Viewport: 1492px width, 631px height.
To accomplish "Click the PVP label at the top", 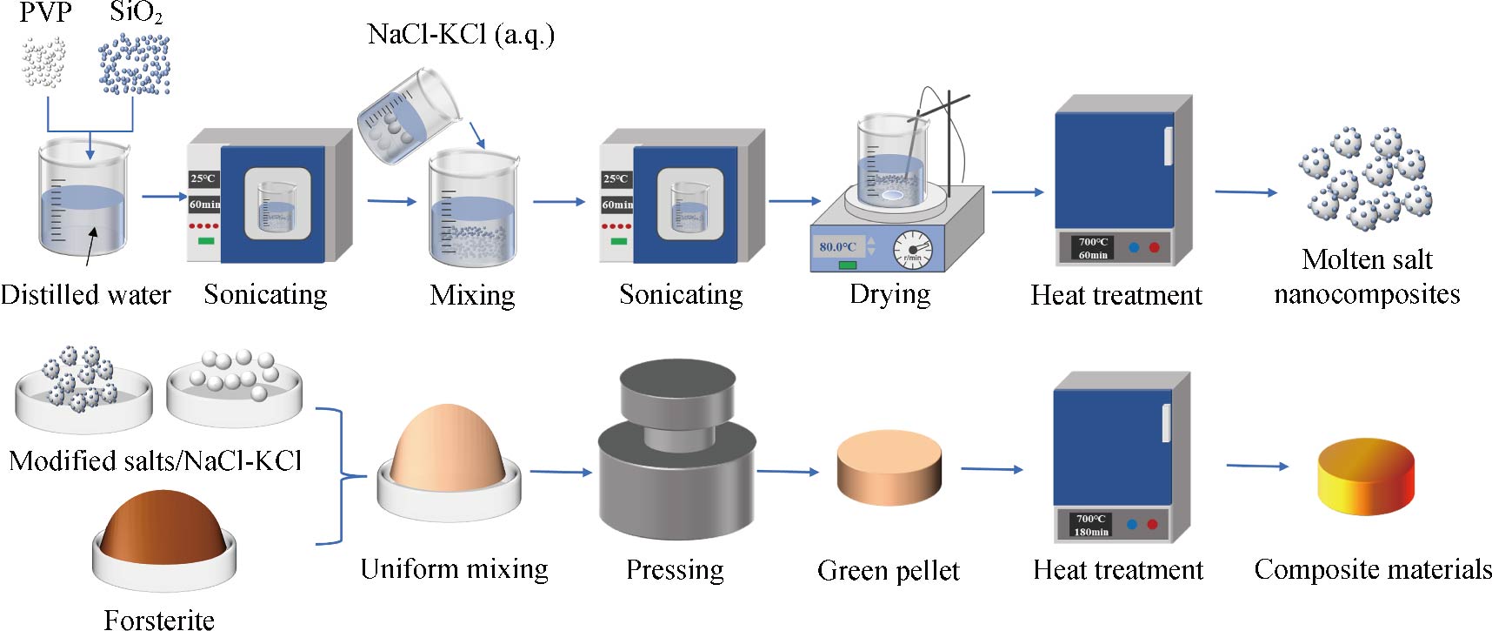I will [45, 13].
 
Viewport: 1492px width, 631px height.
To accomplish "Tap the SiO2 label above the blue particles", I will [136, 13].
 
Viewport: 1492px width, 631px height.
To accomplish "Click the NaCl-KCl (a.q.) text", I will [461, 35].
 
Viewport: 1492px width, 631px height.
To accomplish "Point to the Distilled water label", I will [85, 294].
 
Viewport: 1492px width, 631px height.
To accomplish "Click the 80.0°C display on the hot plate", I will [837, 246].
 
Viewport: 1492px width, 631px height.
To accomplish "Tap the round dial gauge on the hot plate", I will [912, 250].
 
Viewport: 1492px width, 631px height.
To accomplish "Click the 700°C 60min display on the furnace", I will [1093, 248].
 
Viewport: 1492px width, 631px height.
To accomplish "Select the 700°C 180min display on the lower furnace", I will [1090, 525].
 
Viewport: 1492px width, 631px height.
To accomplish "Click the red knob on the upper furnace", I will [1155, 247].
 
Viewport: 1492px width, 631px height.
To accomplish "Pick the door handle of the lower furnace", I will [1167, 423].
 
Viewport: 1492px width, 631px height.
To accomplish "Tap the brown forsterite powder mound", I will [163, 527].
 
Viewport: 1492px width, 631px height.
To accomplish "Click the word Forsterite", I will [159, 620].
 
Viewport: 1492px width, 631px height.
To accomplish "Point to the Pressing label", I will [675, 569].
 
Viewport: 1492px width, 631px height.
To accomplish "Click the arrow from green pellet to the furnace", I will [991, 469].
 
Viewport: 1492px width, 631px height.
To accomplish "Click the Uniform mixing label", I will [454, 568].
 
